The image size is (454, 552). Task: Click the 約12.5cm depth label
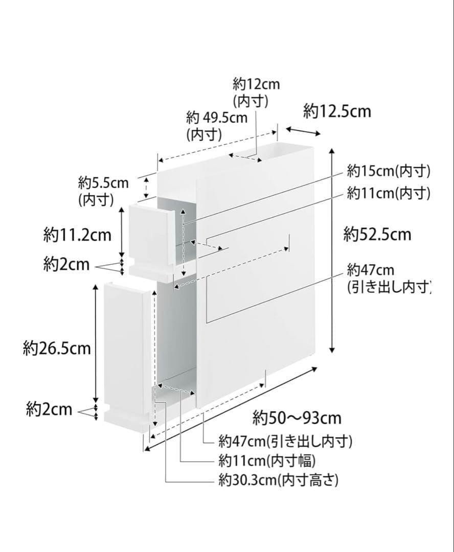337,111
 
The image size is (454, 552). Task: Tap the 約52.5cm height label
377,234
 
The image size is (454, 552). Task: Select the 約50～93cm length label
297,418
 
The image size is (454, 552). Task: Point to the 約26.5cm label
57,349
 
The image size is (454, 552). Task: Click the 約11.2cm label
77,235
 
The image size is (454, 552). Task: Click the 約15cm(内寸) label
388,170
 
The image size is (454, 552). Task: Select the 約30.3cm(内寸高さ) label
278,480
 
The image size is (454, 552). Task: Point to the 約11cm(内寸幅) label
267,461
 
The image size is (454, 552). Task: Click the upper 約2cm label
66,265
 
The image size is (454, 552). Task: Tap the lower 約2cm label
49,409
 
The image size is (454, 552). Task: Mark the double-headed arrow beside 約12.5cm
303,131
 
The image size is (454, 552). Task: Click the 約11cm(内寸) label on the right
388,193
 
